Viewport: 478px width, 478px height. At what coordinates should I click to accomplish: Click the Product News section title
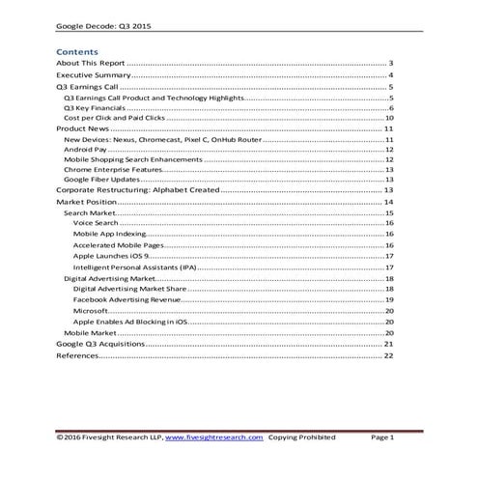(84, 128)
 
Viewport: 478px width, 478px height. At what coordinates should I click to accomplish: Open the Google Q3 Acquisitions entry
(100, 343)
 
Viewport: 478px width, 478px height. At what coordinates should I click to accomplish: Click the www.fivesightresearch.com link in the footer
(213, 437)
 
